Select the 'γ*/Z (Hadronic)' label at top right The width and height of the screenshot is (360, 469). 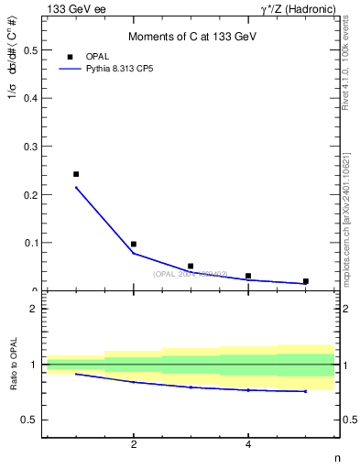[298, 8]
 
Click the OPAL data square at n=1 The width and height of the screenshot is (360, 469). [76, 174]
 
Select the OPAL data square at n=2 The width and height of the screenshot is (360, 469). [134, 245]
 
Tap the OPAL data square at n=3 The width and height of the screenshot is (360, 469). [191, 267]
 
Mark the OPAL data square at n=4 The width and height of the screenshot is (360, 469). [248, 276]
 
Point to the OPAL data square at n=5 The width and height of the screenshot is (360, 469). [305, 281]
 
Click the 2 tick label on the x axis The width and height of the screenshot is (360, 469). [134, 445]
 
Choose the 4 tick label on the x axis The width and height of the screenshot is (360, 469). [248, 445]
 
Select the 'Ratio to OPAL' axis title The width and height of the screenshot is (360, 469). [14, 365]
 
